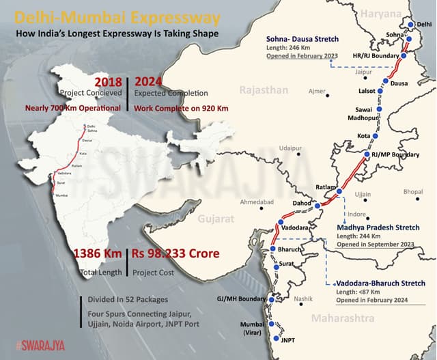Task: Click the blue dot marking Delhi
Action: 410,25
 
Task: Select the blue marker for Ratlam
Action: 339,192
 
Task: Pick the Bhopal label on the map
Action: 413,192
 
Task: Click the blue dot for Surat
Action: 275,268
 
